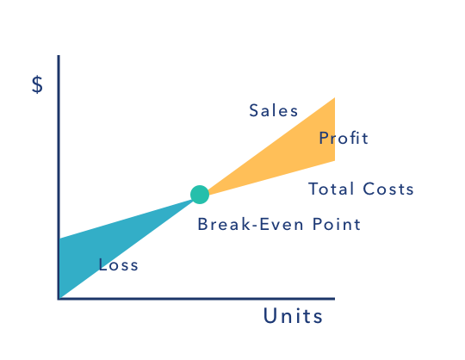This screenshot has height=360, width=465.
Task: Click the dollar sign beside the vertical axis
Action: [37, 84]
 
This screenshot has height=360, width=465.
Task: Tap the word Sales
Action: [274, 110]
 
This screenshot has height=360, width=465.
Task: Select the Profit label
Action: [344, 138]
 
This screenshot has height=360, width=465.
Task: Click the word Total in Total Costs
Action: [332, 189]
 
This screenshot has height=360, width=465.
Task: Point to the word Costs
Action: [388, 189]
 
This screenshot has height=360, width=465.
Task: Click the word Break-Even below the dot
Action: [251, 224]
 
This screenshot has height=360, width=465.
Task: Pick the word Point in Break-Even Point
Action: [337, 224]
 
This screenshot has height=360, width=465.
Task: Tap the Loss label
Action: [118, 264]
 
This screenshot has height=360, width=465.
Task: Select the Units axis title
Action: [293, 315]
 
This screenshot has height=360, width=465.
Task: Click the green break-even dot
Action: [200, 195]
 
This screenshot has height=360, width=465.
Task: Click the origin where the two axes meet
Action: [59, 299]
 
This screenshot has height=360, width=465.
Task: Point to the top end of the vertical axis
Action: [59, 55]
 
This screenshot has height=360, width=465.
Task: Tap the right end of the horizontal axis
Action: [334, 299]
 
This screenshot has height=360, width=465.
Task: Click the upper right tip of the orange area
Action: [335, 97]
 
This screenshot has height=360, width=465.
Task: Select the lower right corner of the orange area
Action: [335, 161]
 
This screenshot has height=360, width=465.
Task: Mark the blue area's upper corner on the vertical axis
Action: [60, 239]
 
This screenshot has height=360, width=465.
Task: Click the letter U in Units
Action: [270, 315]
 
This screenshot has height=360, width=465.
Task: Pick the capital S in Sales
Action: [253, 110]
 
